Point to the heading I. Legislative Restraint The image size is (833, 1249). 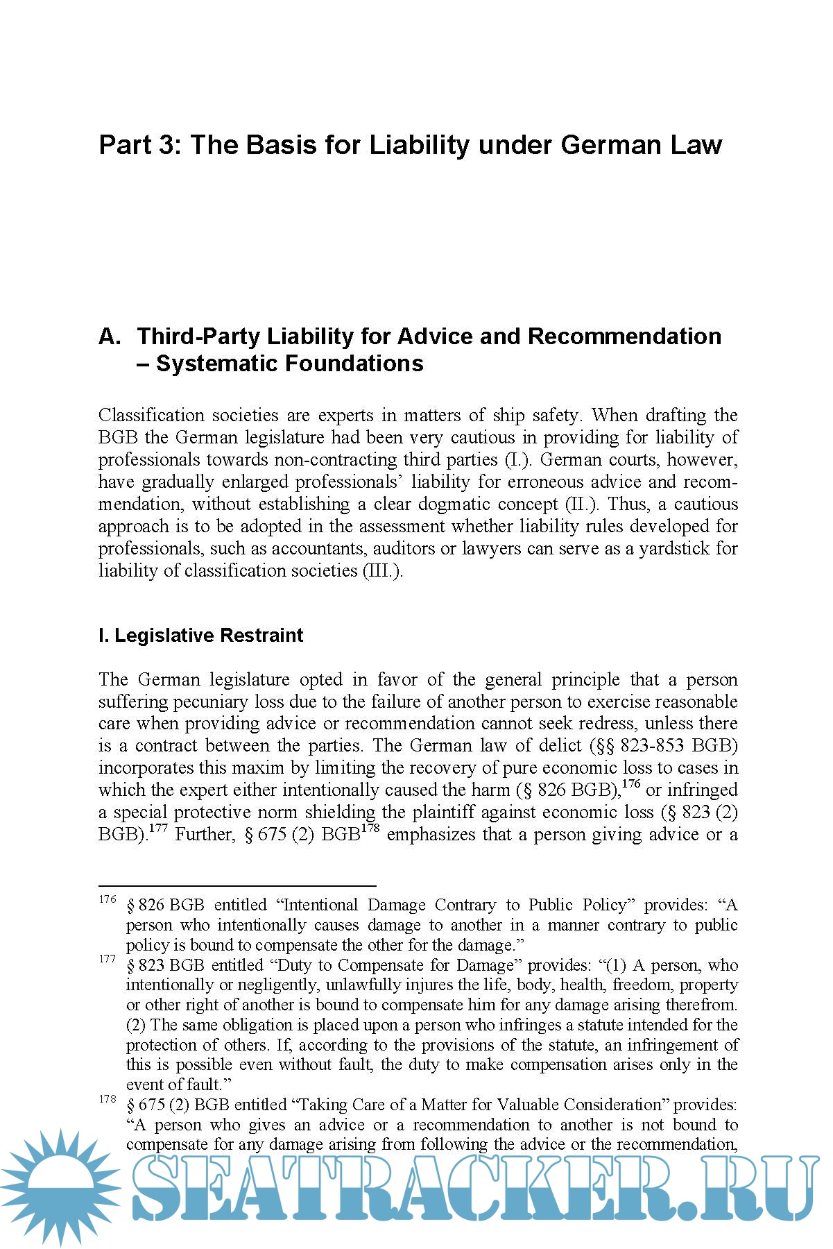[200, 636]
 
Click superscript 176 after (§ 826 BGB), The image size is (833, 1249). [631, 784]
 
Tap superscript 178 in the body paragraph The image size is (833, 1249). [370, 829]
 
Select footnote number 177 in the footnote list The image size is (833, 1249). [108, 960]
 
